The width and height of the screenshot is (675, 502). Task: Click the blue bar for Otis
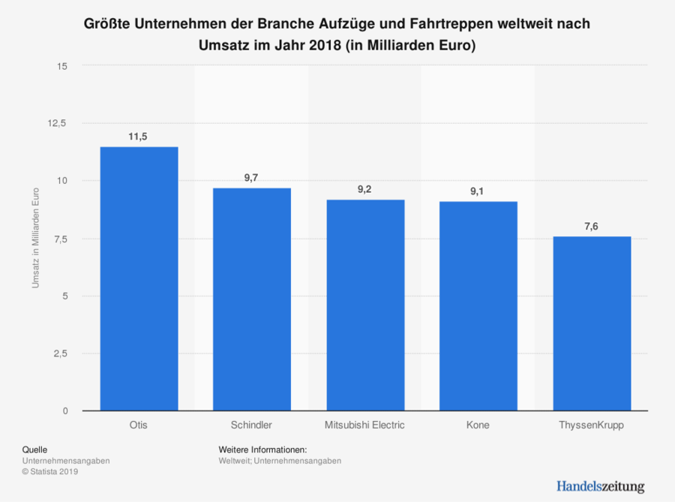pos(139,278)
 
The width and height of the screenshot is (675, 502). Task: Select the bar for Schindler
pos(252,299)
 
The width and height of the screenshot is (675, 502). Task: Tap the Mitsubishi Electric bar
pos(364,305)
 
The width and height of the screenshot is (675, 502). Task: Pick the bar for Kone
pos(478,306)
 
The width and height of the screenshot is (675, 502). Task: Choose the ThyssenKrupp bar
pos(591,323)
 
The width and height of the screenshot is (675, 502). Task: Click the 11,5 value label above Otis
pos(139,136)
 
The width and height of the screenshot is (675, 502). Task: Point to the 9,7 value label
pos(252,177)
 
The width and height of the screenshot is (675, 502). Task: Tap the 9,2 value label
pos(364,189)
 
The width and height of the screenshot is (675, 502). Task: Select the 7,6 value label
pos(591,226)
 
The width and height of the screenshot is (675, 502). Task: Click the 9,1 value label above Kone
pos(478,191)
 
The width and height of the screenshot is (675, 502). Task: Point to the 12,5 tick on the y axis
pos(58,123)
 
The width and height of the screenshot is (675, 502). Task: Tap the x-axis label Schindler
pos(252,425)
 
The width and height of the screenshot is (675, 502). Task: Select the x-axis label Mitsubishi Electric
pos(364,425)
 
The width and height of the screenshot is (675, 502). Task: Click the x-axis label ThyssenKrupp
pos(591,425)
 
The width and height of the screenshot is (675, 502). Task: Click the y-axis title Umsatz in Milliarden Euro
pos(35,238)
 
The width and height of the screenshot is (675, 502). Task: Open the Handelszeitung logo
pos(600,485)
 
